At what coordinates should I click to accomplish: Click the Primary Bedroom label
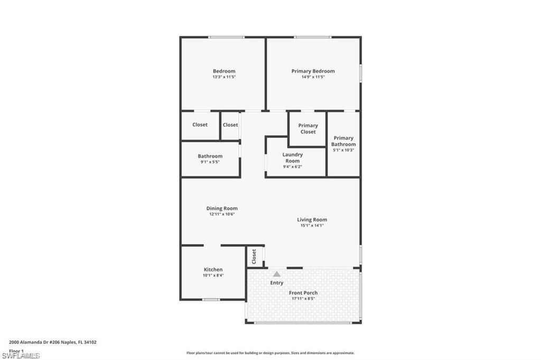tap(313, 71)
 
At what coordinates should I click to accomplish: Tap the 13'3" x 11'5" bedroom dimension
tap(224, 77)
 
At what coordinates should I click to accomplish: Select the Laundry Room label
tap(292, 158)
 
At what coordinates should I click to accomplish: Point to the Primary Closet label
tap(308, 128)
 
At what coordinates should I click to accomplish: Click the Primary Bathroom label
tap(343, 141)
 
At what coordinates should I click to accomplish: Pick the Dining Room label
tap(222, 208)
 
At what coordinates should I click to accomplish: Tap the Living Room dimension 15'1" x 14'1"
tap(312, 225)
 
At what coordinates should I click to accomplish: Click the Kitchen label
tap(213, 269)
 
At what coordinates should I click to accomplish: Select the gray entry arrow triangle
tap(276, 274)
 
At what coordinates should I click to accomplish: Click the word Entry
tap(276, 283)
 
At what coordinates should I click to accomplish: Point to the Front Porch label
tap(303, 292)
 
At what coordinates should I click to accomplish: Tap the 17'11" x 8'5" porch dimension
tap(303, 299)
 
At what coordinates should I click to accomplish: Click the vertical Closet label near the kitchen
tap(254, 257)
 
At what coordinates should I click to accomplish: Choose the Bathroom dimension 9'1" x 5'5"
tap(210, 162)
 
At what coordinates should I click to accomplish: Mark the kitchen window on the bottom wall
tap(211, 300)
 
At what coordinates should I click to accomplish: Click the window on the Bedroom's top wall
tap(226, 37)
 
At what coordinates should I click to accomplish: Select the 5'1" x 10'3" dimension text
tap(343, 150)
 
